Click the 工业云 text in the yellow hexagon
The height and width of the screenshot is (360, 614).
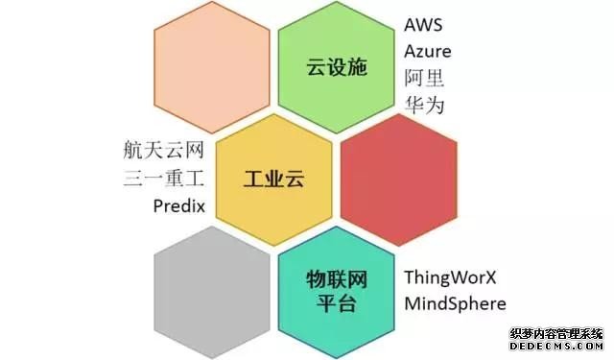click(x=273, y=180)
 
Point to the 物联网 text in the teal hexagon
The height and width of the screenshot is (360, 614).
click(x=337, y=279)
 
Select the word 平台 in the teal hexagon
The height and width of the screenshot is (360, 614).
click(x=337, y=304)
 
